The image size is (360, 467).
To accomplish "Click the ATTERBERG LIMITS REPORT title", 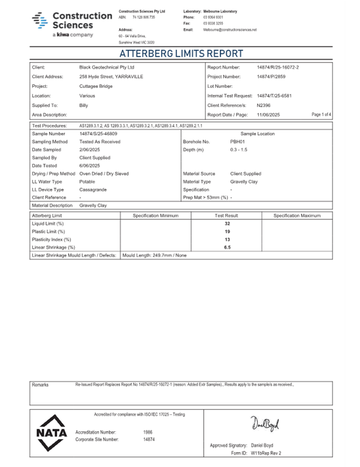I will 181,54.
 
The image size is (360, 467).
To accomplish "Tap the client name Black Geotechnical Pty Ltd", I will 107,68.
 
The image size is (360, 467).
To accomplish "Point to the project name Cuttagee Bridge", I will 95,86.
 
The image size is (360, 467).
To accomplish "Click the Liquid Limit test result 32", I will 227,224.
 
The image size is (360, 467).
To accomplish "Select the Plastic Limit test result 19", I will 227,232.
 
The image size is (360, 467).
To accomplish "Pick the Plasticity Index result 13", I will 227,240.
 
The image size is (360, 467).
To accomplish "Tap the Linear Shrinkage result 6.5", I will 227,248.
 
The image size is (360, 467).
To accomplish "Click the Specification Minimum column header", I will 156,216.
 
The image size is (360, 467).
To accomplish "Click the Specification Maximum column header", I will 297,216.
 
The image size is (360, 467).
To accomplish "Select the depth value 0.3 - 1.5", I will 239,150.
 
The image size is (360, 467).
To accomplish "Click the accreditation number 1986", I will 148,432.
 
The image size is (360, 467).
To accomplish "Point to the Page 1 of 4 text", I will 321,115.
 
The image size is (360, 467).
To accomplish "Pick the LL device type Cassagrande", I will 93,189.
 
